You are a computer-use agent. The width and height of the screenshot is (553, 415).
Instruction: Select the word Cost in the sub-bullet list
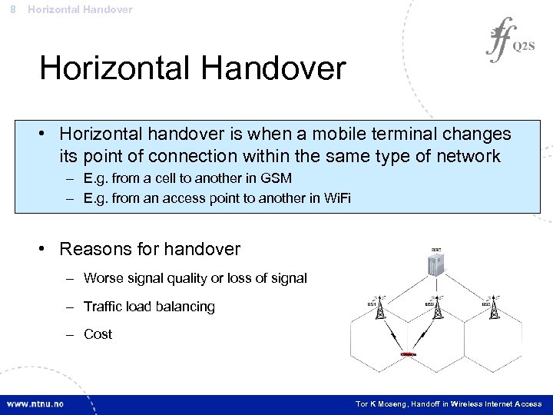tap(98, 334)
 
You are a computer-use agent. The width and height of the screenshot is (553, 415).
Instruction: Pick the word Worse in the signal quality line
tap(104, 278)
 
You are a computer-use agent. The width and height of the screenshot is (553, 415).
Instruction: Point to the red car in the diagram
tap(409, 355)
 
